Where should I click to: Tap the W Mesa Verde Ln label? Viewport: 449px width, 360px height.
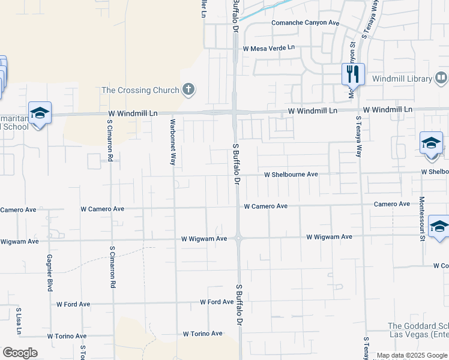[x=269, y=47]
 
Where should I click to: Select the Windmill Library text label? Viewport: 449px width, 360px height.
[x=402, y=79]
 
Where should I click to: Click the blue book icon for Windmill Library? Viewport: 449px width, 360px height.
[x=441, y=78]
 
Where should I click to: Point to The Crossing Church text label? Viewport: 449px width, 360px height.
[x=140, y=90]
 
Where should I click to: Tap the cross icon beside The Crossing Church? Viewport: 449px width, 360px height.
[x=188, y=90]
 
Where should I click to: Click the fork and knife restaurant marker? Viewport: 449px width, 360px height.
[x=352, y=74]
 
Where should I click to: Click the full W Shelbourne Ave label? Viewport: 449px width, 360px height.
[x=291, y=174]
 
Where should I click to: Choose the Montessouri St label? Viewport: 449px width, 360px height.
[x=422, y=218]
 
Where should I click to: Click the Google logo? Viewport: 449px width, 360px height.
[x=20, y=353]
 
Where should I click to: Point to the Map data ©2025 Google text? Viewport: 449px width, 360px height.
[x=412, y=355]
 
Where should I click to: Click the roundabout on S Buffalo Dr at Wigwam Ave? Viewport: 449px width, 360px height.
[x=238, y=238]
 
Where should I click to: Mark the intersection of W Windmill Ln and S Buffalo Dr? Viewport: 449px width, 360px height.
[x=235, y=112]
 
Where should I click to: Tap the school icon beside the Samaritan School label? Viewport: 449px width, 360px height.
[x=40, y=113]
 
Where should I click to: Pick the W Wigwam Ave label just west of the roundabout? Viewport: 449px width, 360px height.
[x=204, y=239]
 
